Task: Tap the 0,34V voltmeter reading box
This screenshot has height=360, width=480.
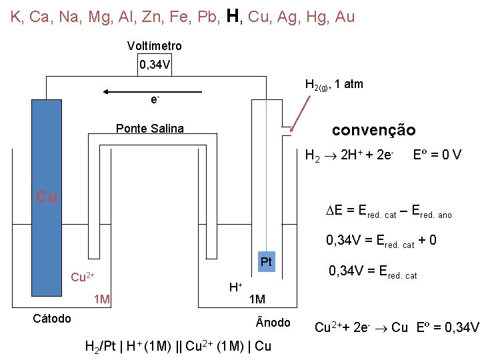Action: point(154,65)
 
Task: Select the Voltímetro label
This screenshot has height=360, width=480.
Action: point(154,46)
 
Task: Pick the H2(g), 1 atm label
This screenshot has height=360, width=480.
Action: point(333,85)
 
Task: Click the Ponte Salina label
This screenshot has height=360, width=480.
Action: point(150,129)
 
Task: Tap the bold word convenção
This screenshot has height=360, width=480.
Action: point(373,130)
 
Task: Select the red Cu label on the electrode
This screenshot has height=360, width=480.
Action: point(47,197)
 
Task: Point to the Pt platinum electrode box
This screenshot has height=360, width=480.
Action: point(267,262)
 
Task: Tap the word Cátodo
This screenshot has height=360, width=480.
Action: point(52,319)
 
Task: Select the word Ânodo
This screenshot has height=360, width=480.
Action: point(273,323)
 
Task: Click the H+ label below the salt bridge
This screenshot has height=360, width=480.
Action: point(235,287)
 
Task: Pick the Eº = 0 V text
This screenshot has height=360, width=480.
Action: point(437,155)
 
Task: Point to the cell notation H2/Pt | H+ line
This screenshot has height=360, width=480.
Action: point(178,346)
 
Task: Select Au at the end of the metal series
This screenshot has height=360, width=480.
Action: point(345,17)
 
